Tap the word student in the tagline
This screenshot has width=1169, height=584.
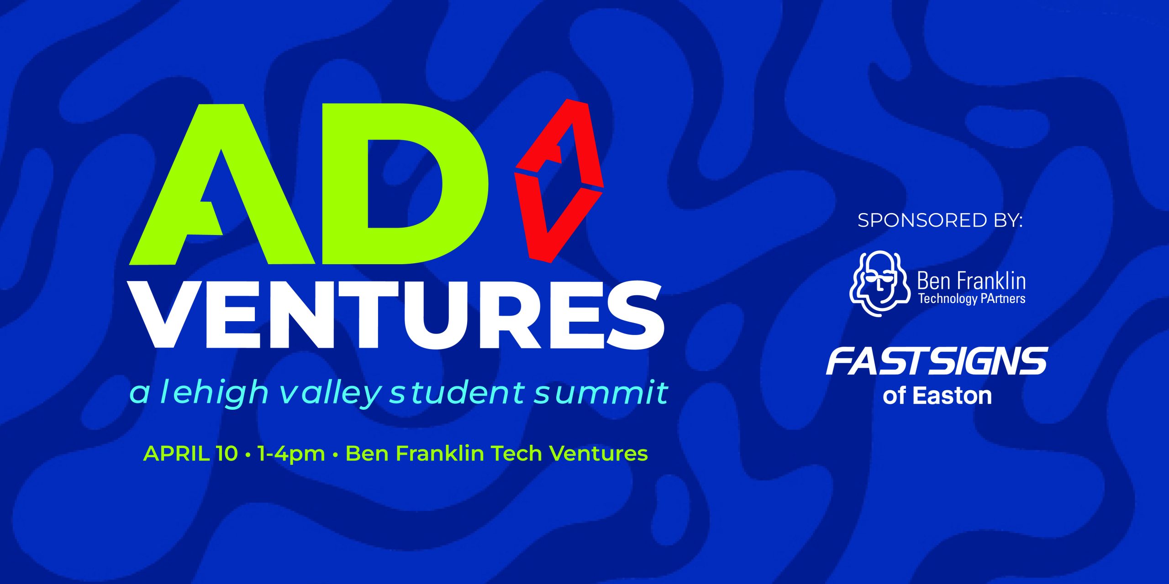(x=457, y=392)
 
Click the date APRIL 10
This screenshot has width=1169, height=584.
(x=191, y=454)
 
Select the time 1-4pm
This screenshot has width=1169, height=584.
(x=291, y=454)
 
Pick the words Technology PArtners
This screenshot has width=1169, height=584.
(x=972, y=299)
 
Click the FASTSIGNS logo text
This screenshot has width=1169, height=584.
(x=937, y=361)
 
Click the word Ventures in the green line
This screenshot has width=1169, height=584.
(x=598, y=454)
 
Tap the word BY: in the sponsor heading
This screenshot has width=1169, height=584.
(x=1007, y=221)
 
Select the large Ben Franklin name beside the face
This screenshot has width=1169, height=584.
(x=972, y=281)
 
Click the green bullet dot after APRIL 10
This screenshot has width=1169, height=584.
(x=248, y=455)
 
